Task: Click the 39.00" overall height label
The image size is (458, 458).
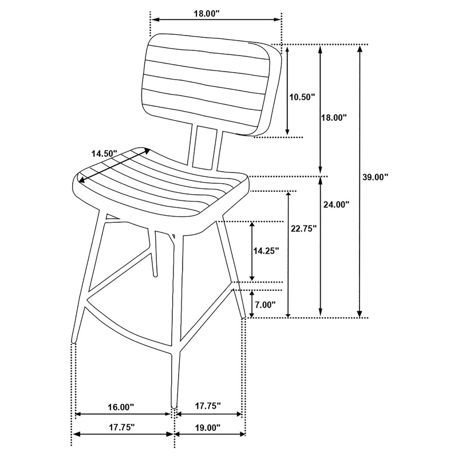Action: [376, 177]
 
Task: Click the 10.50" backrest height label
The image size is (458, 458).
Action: [302, 97]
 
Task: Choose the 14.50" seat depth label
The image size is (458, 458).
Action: [104, 153]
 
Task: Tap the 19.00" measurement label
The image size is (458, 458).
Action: [207, 427]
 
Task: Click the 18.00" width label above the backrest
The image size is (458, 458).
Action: [207, 13]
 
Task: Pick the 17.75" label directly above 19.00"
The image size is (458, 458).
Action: [207, 406]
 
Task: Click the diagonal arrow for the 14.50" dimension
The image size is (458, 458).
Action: [114, 166]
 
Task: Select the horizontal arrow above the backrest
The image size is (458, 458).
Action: [216, 20]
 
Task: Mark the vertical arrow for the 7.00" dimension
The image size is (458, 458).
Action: [252, 303]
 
